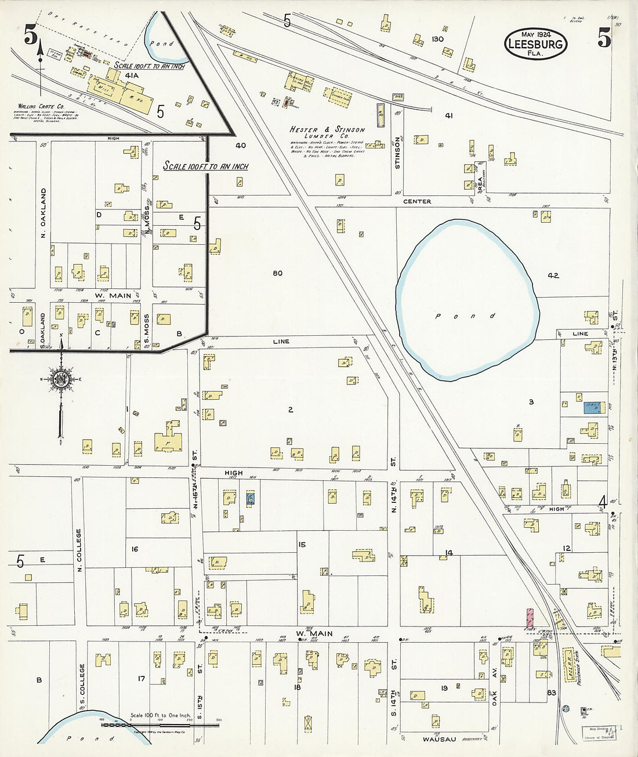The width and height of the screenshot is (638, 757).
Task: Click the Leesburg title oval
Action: click(535, 44)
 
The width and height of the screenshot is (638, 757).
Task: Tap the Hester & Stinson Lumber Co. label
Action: click(327, 133)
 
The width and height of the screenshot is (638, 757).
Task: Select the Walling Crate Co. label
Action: click(41, 107)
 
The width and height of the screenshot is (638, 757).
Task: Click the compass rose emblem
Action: click(60, 380)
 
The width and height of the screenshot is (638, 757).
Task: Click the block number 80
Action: click(277, 273)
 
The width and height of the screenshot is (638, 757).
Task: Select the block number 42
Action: click(553, 276)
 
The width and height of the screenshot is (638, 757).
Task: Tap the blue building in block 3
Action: click(592, 407)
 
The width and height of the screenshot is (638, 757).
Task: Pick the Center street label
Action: click(417, 201)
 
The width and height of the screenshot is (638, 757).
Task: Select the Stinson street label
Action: click(397, 153)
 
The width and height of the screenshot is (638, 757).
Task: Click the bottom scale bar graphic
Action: click(159, 725)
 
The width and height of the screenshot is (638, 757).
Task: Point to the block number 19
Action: click(444, 689)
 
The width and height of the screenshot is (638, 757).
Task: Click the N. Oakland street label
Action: click(43, 212)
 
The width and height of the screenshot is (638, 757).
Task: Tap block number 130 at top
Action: click(437, 39)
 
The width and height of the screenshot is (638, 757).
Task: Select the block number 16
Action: click(135, 549)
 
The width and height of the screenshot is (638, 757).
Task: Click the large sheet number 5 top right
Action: click(604, 38)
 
